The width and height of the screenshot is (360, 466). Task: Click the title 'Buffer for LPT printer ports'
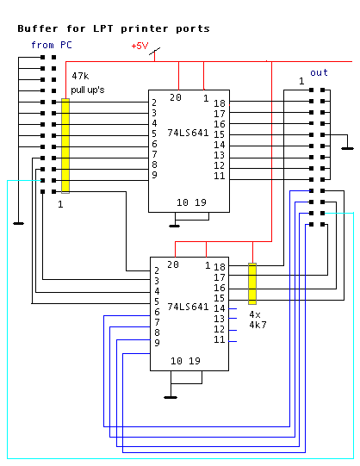pos(114,28)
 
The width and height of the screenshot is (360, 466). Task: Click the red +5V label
pos(140,46)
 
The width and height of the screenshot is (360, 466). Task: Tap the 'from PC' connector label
pos(52,45)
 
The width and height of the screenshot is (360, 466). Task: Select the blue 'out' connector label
pos(319,73)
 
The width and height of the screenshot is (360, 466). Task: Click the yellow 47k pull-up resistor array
pos(65,146)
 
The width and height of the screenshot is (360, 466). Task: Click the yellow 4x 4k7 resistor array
pos(252,283)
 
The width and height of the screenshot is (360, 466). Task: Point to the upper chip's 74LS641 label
pos(188,133)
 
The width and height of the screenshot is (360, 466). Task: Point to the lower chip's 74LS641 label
pos(188,307)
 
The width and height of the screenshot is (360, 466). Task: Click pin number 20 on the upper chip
pos(176,97)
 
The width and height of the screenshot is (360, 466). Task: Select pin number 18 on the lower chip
pos(220,267)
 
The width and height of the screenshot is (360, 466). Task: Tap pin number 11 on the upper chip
pos(220,176)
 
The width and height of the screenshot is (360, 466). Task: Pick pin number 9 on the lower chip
pos(157,343)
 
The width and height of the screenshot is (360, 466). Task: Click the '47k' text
pos(80,76)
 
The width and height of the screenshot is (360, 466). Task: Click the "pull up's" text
pos(88,90)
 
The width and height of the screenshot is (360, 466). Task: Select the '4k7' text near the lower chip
pos(258,325)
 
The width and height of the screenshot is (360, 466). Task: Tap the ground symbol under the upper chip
pos(174,226)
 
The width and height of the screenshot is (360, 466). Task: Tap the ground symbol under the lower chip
pos(171,397)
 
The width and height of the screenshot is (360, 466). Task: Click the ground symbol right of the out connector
pos(348,148)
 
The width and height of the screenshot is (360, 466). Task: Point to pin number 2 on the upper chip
pos(154,103)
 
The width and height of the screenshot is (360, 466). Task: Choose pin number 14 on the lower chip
pos(220,308)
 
